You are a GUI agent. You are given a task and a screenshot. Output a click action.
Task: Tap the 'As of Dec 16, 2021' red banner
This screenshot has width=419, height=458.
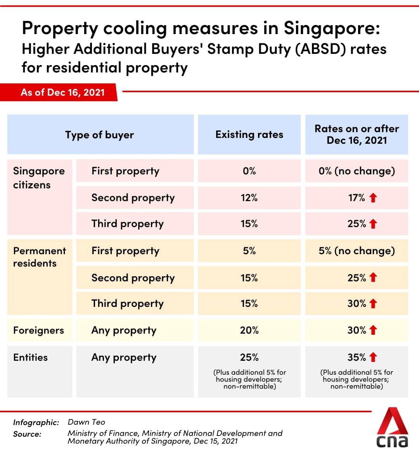click(x=62, y=92)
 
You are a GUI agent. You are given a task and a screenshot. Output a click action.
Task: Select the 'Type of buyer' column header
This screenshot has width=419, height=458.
click(x=100, y=135)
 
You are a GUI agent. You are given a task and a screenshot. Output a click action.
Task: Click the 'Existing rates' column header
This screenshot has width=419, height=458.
click(x=249, y=134)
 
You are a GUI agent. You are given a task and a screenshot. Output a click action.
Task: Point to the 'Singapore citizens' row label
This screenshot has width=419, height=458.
click(x=38, y=178)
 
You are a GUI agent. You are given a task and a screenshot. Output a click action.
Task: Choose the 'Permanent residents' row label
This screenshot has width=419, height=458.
click(x=39, y=257)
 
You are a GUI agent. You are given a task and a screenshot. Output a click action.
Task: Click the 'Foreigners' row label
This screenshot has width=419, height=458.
click(x=38, y=330)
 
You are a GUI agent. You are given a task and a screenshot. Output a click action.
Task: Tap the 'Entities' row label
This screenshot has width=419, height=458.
click(x=30, y=357)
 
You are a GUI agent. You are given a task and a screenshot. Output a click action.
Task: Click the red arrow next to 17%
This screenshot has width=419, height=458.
click(x=373, y=198)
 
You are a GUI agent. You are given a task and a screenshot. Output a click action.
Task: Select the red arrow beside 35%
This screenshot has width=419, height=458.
click(x=373, y=357)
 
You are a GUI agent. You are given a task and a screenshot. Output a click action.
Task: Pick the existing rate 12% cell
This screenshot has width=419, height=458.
click(x=249, y=198)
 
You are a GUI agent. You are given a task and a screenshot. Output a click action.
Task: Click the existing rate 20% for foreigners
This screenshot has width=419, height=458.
click(x=249, y=330)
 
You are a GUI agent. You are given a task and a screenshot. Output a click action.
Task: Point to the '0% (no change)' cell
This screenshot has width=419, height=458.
click(x=357, y=171)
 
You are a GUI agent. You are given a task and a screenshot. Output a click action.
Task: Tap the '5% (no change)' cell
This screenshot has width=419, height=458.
click(x=357, y=251)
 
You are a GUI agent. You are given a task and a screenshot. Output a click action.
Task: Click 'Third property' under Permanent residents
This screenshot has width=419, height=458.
click(x=128, y=303)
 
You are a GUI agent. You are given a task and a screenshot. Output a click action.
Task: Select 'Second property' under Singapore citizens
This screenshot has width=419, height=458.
click(x=133, y=198)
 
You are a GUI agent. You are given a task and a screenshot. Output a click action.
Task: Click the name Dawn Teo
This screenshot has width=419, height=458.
click(x=86, y=422)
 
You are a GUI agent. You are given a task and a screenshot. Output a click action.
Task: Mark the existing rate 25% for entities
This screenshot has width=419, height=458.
click(x=249, y=357)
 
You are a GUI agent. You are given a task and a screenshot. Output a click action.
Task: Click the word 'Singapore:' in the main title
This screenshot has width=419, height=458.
click(x=332, y=28)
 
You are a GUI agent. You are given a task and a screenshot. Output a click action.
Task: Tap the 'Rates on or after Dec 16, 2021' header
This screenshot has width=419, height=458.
click(x=357, y=134)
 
